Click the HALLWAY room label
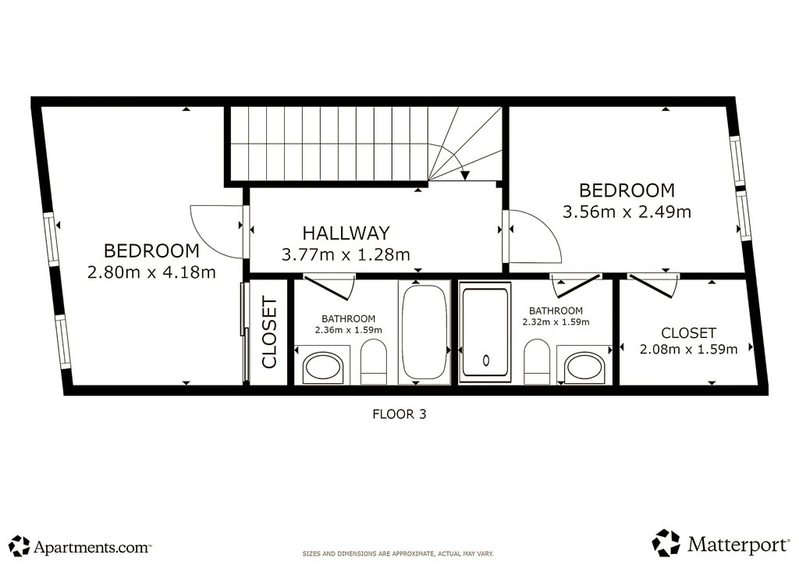(346, 233)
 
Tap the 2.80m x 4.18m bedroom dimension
(152, 272)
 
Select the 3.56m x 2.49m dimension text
(627, 211)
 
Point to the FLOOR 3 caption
(399, 414)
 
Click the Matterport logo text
(738, 544)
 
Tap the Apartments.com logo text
(92, 547)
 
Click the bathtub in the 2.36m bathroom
(424, 332)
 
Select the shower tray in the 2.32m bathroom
(485, 332)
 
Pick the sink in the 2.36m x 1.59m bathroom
(324, 366)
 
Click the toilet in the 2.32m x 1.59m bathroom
(537, 361)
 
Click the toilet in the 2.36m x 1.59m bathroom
(374, 361)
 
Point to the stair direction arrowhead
(464, 176)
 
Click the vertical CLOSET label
(268, 332)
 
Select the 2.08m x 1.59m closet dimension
(688, 349)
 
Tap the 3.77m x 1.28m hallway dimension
(346, 254)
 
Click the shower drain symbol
(486, 361)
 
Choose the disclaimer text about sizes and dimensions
(398, 553)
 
